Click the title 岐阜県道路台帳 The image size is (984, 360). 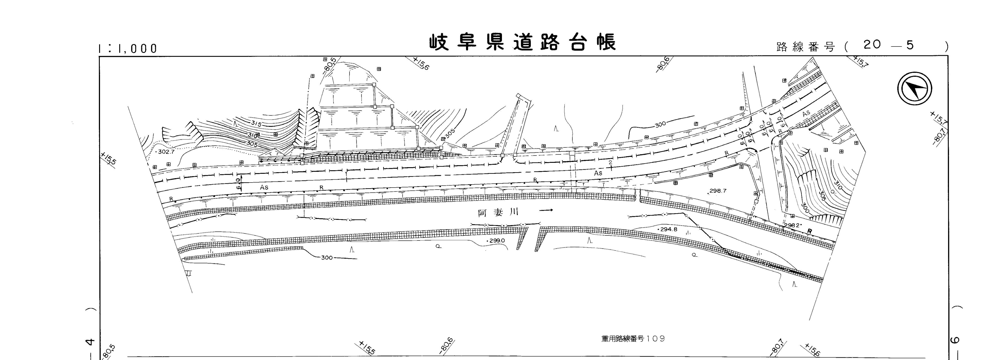[x=523, y=43]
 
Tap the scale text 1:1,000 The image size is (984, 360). [x=127, y=49]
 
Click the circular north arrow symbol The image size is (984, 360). [x=914, y=89]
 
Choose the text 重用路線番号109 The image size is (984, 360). [x=633, y=339]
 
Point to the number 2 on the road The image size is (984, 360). [x=610, y=162]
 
